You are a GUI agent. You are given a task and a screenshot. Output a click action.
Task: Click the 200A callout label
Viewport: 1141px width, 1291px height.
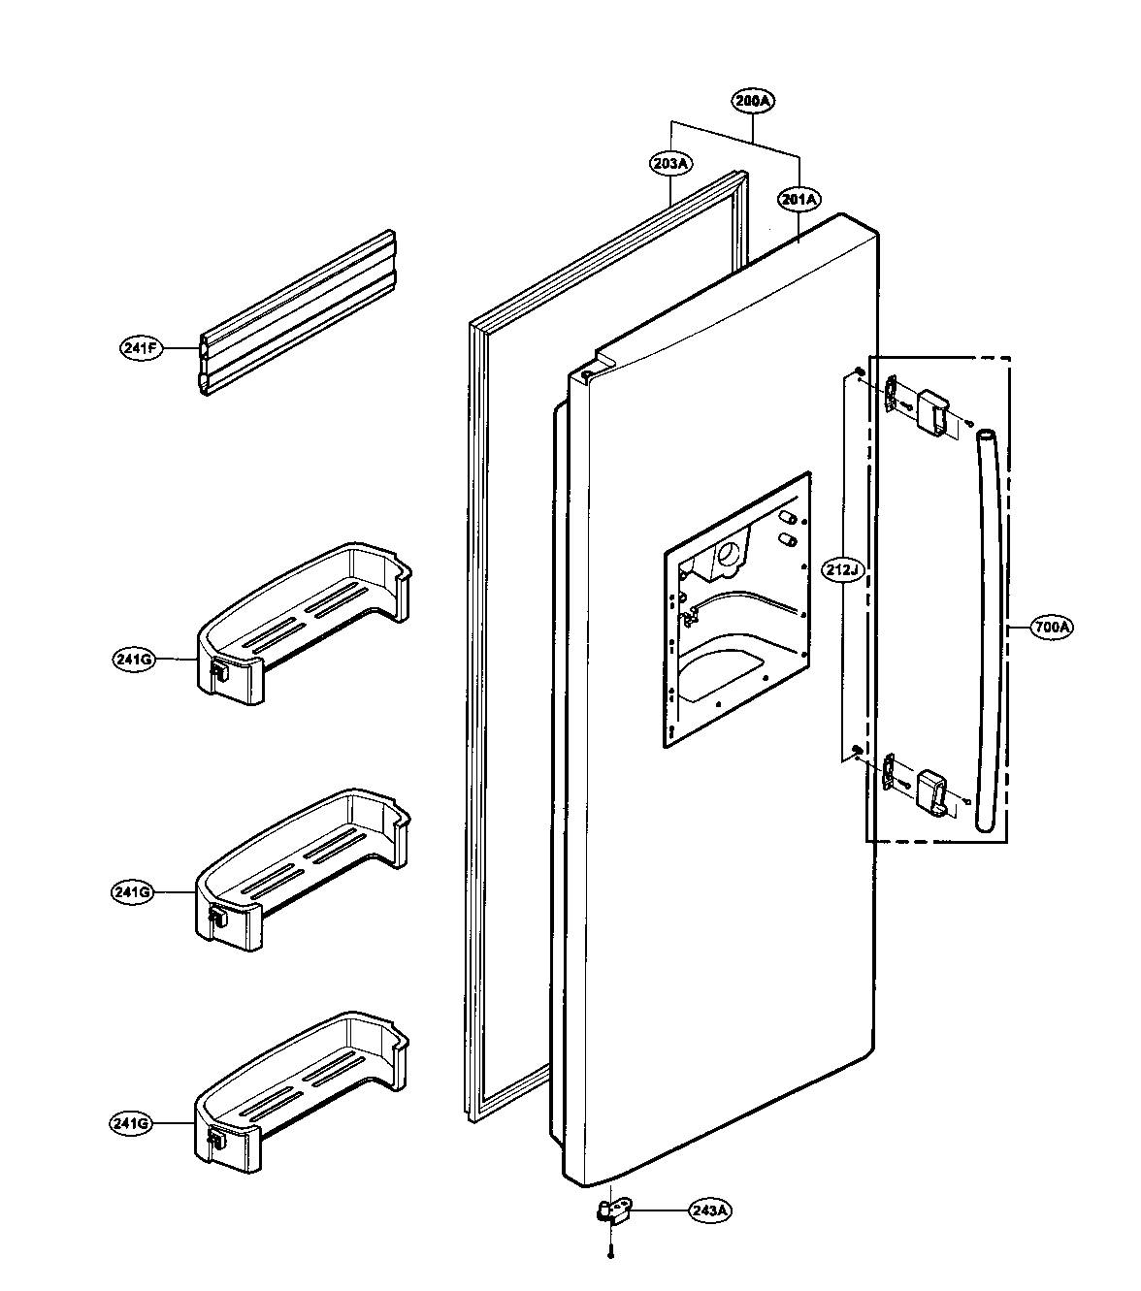pos(754,101)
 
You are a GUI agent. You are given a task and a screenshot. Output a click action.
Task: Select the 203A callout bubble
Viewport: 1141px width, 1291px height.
pos(669,164)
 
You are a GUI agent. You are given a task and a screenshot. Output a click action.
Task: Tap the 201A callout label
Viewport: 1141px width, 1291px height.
pos(799,200)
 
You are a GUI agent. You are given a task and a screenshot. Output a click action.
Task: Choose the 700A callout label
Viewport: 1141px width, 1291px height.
pos(1051,628)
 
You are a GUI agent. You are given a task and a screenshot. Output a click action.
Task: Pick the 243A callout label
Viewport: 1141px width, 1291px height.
pos(710,1211)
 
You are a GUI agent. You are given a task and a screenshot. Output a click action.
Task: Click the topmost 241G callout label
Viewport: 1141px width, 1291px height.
pos(133,660)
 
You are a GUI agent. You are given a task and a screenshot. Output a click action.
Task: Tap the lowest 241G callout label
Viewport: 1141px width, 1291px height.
pos(130,1124)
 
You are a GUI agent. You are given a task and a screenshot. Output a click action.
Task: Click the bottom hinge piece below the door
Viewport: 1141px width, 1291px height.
pos(612,1211)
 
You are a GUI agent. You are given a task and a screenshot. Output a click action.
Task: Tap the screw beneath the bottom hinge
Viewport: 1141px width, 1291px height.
pos(610,1254)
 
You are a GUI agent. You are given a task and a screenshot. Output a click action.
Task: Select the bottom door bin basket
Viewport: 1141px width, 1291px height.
pos(301,1086)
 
